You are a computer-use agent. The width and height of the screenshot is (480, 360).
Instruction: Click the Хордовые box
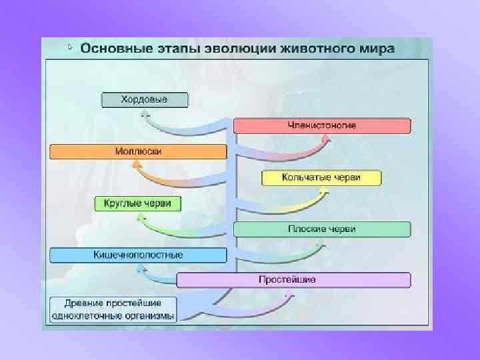tap(145, 100)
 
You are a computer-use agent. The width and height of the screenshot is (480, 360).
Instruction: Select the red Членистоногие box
tap(322, 125)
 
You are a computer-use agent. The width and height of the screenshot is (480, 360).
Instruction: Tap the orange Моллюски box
tap(138, 151)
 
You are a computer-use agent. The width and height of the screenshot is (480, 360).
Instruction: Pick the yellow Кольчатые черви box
tap(321, 178)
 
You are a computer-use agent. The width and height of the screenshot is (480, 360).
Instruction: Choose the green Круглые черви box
tap(138, 203)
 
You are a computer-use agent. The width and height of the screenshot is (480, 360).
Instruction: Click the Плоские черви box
tap(322, 229)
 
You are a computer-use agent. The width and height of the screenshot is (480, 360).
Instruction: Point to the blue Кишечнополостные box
tap(138, 255)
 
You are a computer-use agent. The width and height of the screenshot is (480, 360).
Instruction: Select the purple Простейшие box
tap(294, 280)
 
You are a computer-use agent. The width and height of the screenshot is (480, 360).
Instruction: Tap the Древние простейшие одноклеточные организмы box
tap(113, 309)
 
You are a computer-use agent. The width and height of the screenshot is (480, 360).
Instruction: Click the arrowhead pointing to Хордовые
tap(145, 114)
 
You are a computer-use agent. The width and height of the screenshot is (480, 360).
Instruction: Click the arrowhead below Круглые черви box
tap(139, 217)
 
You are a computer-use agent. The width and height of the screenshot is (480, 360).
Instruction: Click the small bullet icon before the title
tap(70, 47)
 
